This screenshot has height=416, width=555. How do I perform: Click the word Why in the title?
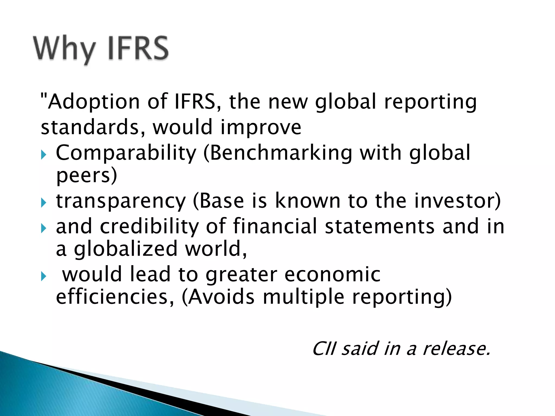pos(64,49)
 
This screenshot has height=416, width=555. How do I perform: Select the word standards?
pos(89,127)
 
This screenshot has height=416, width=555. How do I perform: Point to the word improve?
pos(261,127)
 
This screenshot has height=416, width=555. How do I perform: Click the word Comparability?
pos(126,153)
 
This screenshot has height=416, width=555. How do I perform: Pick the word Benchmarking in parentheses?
pos(280,153)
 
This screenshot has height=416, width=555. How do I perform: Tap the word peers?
pos(86,175)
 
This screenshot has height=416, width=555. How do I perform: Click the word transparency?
pos(121,201)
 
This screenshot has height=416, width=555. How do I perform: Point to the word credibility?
pos(149,226)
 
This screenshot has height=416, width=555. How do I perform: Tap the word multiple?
pos(304,297)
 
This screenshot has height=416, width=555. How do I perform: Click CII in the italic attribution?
pos(324,349)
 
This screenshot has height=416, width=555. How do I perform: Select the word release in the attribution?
pos(456,349)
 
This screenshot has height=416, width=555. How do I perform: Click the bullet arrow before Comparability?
pos(44,155)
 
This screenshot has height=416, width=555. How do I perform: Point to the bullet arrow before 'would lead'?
pos(44,277)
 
